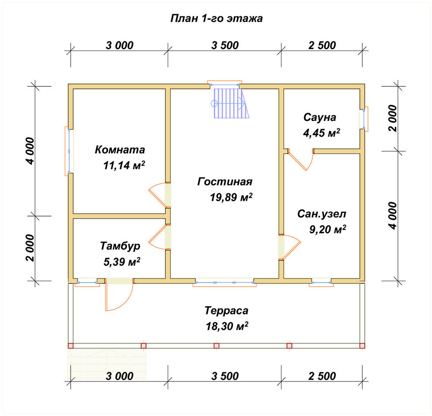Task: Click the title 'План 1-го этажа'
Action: tap(216, 19)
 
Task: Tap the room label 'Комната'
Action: tap(120, 149)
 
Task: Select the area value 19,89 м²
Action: tap(231, 197)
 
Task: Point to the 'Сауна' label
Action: tap(320, 117)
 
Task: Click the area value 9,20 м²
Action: tap(327, 229)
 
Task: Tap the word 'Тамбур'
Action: tap(120, 246)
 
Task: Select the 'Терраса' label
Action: tap(226, 311)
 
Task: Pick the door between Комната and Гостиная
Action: tap(160, 195)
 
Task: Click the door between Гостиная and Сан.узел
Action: tap(289, 247)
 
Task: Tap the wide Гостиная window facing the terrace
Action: tap(225, 283)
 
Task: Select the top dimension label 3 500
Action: tap(225, 45)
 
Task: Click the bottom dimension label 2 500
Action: tap(322, 376)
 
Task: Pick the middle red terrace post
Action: tap(216, 346)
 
